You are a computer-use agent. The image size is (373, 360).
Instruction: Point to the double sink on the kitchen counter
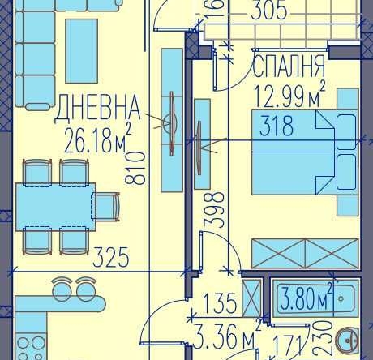72,289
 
